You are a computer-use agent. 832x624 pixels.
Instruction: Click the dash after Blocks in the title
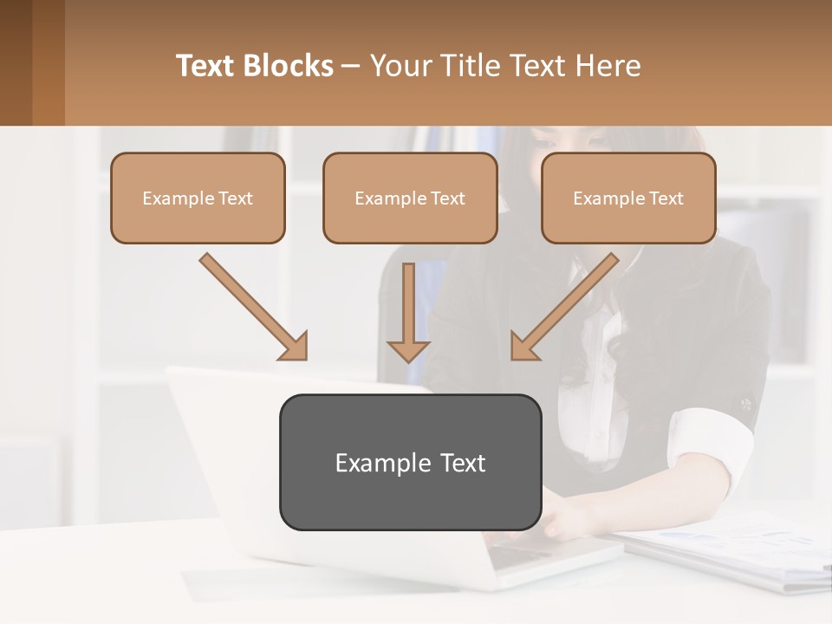click(x=351, y=67)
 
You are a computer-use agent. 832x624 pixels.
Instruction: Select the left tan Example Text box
click(x=198, y=198)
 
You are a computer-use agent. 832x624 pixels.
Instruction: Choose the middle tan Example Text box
click(x=410, y=198)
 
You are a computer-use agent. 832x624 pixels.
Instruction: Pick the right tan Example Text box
click(x=628, y=198)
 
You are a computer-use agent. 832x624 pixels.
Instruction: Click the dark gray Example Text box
click(x=410, y=462)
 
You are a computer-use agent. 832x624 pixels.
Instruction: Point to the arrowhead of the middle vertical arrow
click(x=408, y=350)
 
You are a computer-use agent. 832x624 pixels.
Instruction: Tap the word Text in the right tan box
click(x=666, y=198)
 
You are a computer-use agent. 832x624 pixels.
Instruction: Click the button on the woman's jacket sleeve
click(x=745, y=404)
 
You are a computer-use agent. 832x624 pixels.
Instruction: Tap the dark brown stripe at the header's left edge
click(x=16, y=62)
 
